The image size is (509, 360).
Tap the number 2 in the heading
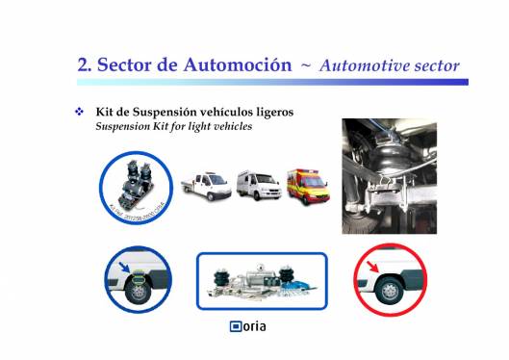pos(83,65)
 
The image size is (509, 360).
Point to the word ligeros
pos(271,113)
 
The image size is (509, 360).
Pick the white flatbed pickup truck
pos(205,185)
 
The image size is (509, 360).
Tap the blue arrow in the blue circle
pos(125,266)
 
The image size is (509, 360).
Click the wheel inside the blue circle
pos(138,290)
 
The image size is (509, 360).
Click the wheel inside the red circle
pos(389,290)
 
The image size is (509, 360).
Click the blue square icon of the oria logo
pos(235,327)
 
